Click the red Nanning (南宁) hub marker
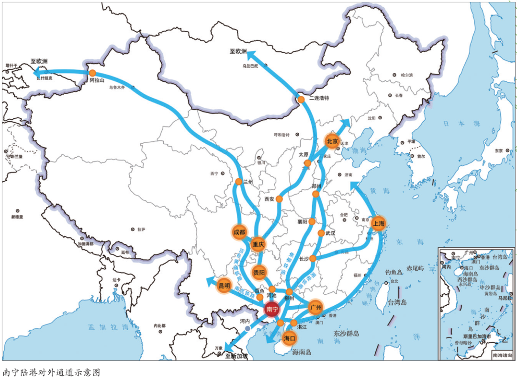pos(272,310)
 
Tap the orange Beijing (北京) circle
pos(332,141)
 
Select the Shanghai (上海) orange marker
pos(379,223)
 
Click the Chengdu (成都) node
pos(239,232)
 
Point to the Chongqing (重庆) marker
pos(258,244)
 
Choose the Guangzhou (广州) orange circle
pos(315,307)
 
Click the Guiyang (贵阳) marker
pos(259,273)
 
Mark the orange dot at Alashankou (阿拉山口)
pos(92,72)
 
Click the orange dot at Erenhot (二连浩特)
pos(301,100)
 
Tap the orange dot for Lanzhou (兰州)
pos(239,182)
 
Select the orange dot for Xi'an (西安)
pos(279,198)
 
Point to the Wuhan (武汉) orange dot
pos(321,233)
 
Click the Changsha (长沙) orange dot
pos(313,259)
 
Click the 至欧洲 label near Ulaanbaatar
pos(237,51)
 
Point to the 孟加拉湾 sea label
pos(108,328)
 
